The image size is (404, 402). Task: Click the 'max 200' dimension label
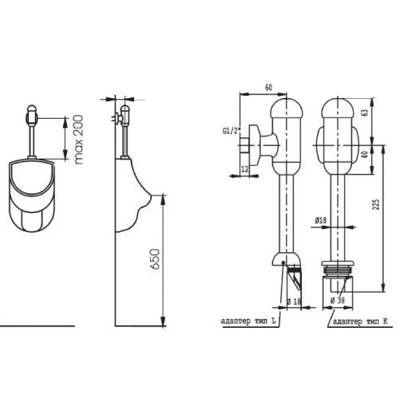(78, 140)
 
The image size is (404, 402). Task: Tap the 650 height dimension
(155, 259)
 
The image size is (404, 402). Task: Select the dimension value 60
(269, 87)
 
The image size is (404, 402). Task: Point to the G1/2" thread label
(232, 131)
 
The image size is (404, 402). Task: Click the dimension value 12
(245, 169)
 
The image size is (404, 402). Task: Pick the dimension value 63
(366, 112)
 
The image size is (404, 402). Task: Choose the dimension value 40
(366, 154)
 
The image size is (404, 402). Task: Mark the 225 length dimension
(375, 204)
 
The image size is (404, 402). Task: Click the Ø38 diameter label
(338, 301)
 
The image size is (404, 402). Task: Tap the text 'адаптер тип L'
(248, 321)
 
